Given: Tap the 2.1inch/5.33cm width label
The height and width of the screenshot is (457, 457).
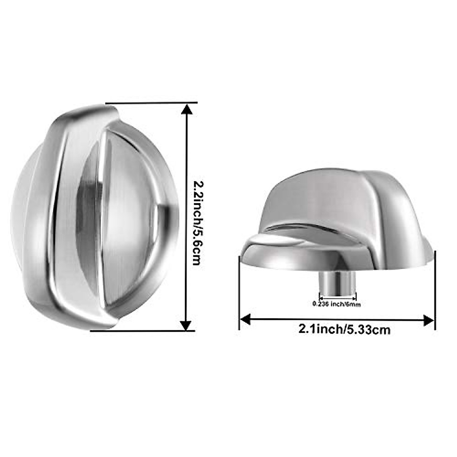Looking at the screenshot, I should pyautogui.click(x=344, y=329).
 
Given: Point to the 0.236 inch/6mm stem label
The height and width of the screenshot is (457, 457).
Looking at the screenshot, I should pyautogui.click(x=336, y=304).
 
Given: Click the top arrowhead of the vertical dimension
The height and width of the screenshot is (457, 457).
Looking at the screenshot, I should pyautogui.click(x=185, y=110).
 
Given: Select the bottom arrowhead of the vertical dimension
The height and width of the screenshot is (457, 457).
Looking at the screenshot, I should pyautogui.click(x=185, y=324).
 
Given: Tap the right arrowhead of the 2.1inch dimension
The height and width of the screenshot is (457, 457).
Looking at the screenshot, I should pyautogui.click(x=429, y=320).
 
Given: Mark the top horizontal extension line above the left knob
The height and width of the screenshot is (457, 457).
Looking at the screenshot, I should pyautogui.click(x=152, y=103).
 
